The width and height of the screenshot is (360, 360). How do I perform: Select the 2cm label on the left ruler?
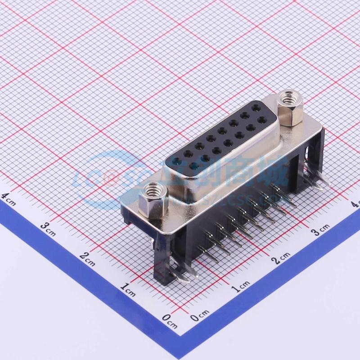86,257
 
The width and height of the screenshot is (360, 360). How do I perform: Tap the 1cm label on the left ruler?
128,288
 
